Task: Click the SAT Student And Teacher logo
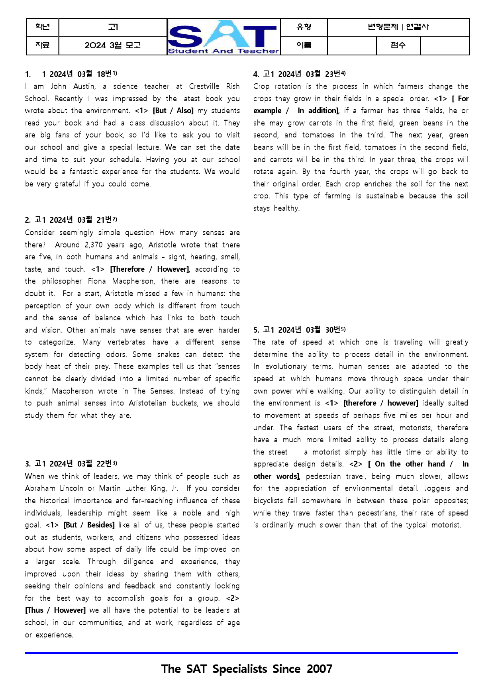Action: click(223, 37)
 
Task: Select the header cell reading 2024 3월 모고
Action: click(113, 45)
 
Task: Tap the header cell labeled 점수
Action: click(398, 45)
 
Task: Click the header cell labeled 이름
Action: click(304, 45)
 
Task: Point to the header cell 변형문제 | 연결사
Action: click(398, 27)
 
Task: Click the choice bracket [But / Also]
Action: click(173, 111)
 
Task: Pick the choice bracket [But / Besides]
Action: click(89, 525)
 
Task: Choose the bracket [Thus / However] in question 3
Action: click(55, 610)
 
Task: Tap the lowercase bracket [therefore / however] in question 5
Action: click(381, 403)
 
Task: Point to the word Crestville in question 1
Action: click(204, 86)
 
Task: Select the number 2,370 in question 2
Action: click(93, 245)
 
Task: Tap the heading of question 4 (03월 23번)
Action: click(300, 74)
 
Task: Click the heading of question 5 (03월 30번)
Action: click(300, 330)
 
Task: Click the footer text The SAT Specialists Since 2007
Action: click(247, 669)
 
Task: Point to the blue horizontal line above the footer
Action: click(241, 653)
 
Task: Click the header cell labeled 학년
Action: click(43, 27)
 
